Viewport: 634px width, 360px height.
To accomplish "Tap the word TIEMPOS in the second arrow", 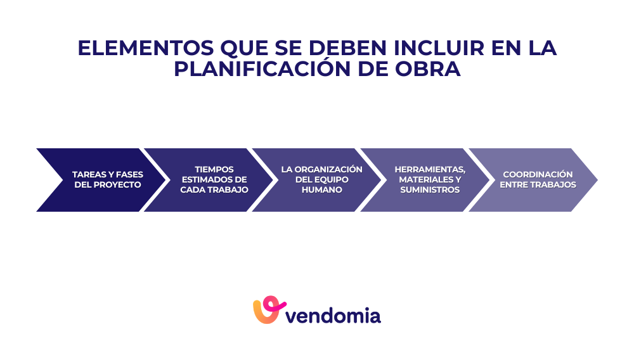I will (214, 169).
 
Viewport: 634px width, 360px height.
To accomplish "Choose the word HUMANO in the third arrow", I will (322, 190).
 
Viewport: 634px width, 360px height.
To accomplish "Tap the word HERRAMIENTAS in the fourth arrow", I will (430, 169).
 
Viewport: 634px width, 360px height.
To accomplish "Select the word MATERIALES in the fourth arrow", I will (422, 179).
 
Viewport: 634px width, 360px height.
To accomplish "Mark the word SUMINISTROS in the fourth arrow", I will (430, 190).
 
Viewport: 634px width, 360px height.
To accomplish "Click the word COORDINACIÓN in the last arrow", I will (538, 174).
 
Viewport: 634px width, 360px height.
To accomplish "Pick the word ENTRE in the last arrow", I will (515, 184).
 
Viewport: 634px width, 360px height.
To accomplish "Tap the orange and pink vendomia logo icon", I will (266, 310).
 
